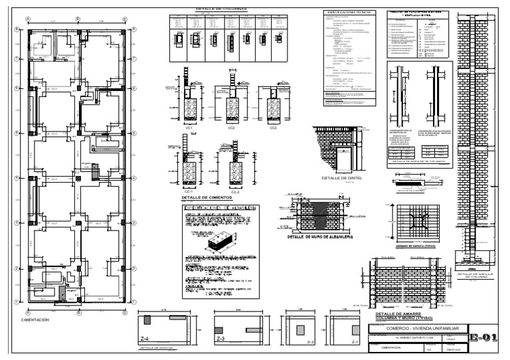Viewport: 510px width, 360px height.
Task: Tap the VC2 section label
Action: click(231, 127)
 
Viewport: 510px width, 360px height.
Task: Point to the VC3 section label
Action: click(273, 127)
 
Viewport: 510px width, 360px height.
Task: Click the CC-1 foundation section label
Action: click(188, 190)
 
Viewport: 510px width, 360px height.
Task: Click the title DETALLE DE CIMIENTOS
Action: click(207, 198)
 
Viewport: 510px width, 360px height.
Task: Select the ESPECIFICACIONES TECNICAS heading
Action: click(347, 12)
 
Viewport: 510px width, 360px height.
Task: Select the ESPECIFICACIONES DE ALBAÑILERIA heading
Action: click(220, 210)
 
